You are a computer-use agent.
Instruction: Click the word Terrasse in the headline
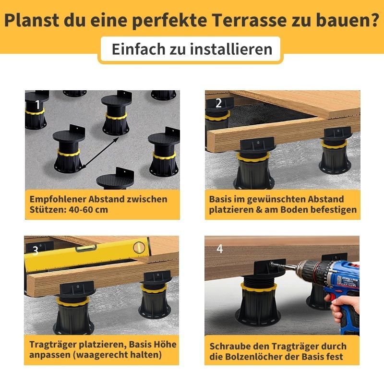tap(250, 20)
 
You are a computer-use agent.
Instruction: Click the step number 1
tap(37, 105)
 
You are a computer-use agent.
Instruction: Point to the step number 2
tap(218, 103)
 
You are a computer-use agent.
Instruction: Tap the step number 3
tap(36, 251)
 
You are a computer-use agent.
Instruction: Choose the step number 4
tap(220, 249)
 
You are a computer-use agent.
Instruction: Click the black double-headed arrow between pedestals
tap(100, 153)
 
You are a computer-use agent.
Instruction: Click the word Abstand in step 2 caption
tap(326, 199)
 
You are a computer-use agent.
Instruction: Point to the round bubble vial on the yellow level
tap(138, 247)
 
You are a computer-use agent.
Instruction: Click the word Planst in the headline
tap(32, 20)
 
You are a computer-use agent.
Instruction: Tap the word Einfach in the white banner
tap(139, 49)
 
